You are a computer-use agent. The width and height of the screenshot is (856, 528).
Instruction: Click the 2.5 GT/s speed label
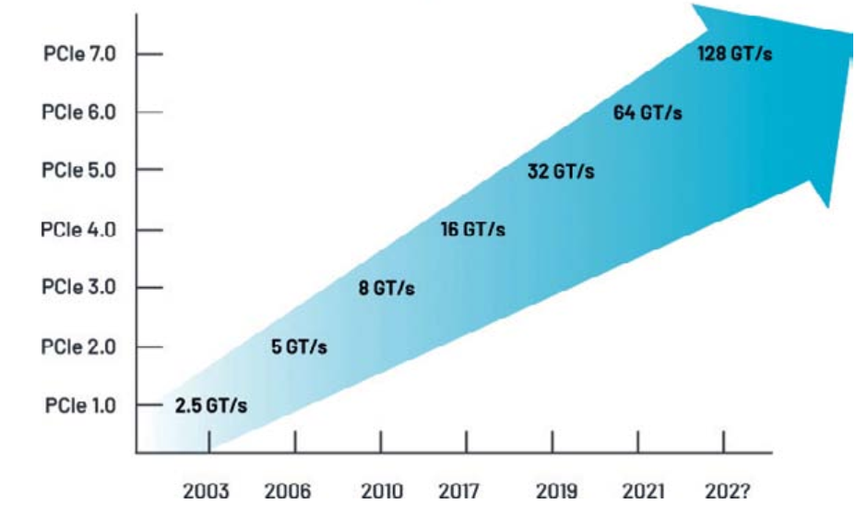click(x=211, y=406)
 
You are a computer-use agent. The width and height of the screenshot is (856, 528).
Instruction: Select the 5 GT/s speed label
click(x=299, y=348)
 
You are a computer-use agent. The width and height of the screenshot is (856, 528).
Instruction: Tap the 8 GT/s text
click(x=386, y=289)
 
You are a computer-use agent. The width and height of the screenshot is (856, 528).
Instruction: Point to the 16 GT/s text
click(x=472, y=230)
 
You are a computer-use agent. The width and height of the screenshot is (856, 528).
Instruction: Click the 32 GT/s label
click(x=561, y=172)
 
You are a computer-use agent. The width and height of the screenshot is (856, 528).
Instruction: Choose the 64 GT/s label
click(x=648, y=113)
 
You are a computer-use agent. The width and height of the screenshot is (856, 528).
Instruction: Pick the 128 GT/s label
click(x=734, y=54)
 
